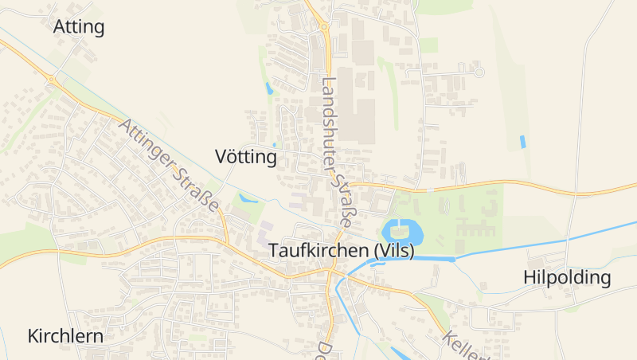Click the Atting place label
coord(79,27)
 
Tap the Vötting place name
coord(246,157)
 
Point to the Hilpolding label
coord(567,278)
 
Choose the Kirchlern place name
coord(65,335)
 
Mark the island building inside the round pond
coord(402,233)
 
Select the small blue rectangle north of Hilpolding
coord(522,142)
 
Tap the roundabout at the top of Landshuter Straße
coord(323,26)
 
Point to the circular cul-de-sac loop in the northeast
coord(479,72)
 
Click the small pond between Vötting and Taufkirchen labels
coord(247,198)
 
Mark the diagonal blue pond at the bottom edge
coord(401,353)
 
